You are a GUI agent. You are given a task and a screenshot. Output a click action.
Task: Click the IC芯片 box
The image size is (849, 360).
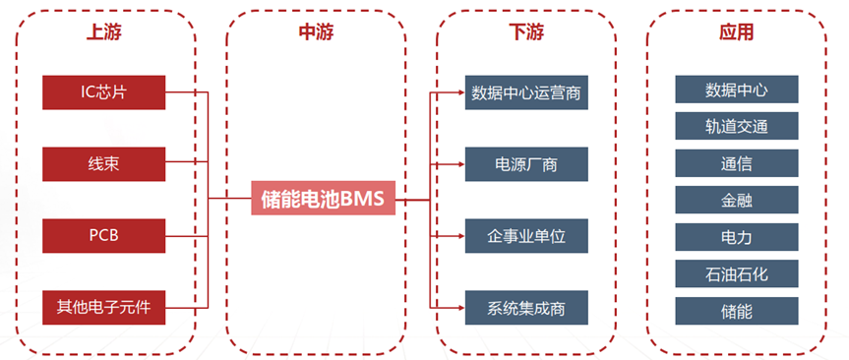coord(103,92)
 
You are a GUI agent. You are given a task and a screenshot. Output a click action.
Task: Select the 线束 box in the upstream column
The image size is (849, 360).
coord(103,162)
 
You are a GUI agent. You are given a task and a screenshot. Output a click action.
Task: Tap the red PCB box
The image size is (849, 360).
coord(103,235)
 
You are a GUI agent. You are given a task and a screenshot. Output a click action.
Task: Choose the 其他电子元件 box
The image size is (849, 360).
coord(103,308)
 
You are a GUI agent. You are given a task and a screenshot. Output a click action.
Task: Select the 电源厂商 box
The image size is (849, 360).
coord(526,163)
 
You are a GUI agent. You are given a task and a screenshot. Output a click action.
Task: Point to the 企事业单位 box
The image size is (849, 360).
coord(526,236)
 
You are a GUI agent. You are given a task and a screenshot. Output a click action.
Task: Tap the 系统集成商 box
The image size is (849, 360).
coord(526,308)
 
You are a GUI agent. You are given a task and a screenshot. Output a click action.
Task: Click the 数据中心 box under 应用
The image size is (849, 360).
coord(737,90)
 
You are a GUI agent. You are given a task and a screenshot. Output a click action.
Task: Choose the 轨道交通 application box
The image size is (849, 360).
coord(737,126)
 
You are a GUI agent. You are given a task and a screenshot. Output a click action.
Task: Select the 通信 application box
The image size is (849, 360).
coord(737,163)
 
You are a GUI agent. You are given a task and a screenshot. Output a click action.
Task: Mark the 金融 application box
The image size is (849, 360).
coord(737,200)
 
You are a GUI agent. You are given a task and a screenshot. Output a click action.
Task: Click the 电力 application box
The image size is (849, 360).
coord(737,236)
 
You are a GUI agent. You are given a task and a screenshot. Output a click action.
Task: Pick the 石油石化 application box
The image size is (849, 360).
coord(737,273)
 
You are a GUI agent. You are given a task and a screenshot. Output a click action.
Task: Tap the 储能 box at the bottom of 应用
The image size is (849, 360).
coord(737,311)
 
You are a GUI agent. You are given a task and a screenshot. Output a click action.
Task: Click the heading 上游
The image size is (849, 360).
coord(103,31)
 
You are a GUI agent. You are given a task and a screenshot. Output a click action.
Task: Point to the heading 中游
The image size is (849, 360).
coord(316,31)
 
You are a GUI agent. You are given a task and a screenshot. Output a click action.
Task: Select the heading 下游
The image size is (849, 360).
coord(526,31)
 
